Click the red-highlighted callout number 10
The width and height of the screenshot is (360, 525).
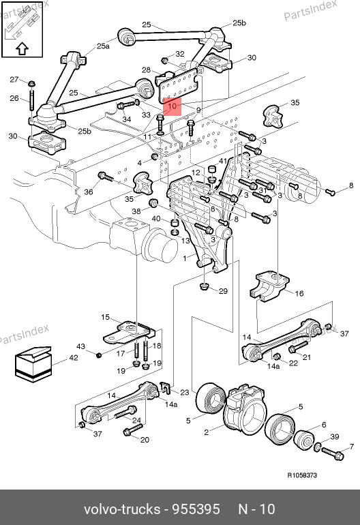pos(172,106)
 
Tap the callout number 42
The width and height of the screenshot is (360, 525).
pos(74,357)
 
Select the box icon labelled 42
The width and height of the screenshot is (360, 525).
pos(33,364)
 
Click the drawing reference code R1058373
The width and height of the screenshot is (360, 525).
pos(302,475)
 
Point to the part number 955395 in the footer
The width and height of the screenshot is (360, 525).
pos(196,509)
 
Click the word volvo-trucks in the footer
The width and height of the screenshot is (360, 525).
pos(122,509)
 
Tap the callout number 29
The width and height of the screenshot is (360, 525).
pos(223,291)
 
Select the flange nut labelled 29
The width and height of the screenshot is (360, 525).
pos(204,286)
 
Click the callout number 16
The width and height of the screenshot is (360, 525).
pos(299,293)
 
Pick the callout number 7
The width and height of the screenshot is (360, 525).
pos(351,447)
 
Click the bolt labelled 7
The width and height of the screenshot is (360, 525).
pos(333,453)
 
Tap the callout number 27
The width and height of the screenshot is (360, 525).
pos(14,79)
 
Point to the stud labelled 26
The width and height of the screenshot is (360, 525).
pos(31,100)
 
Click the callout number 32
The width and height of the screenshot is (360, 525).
pos(180,54)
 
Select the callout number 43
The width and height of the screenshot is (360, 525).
pos(80,346)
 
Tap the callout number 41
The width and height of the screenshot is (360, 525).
pos(223,161)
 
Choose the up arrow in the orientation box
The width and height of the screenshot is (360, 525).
pos(22,48)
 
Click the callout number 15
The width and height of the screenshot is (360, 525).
pos(105,317)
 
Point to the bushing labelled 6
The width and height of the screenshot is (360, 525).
pos(304,438)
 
